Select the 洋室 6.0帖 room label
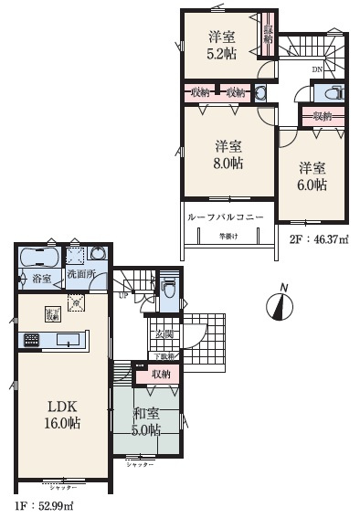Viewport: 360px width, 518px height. pos(312,174)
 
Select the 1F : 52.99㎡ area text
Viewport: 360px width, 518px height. pos(42,505)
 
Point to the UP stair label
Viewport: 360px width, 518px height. pos(122,294)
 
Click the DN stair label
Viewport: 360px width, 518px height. pos(316,69)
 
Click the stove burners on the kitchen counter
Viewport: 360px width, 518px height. pos(31,340)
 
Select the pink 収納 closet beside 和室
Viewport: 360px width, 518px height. pos(160,374)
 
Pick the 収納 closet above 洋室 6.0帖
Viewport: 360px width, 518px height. pos(322,116)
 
